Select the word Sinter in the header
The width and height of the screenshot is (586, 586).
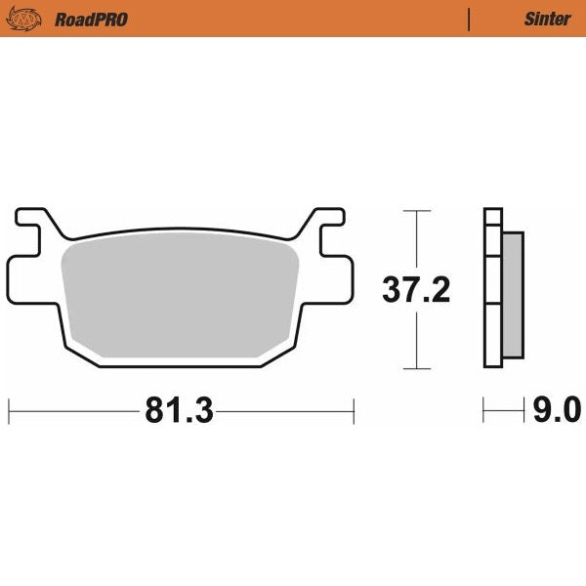point(542,19)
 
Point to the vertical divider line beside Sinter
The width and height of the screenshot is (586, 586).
point(470,19)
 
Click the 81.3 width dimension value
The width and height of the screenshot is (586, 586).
point(179,411)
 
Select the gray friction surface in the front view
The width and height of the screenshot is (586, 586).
point(181,298)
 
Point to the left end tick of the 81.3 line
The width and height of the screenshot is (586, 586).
point(9,411)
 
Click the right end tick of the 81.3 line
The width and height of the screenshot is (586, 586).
point(354,411)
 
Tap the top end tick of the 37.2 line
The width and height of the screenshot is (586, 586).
point(417,210)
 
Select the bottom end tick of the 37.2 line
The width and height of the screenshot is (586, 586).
point(417,368)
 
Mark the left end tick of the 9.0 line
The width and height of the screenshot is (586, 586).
point(483,411)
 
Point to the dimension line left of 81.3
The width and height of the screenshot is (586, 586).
point(73,411)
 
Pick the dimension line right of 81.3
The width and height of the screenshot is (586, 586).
point(283,411)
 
